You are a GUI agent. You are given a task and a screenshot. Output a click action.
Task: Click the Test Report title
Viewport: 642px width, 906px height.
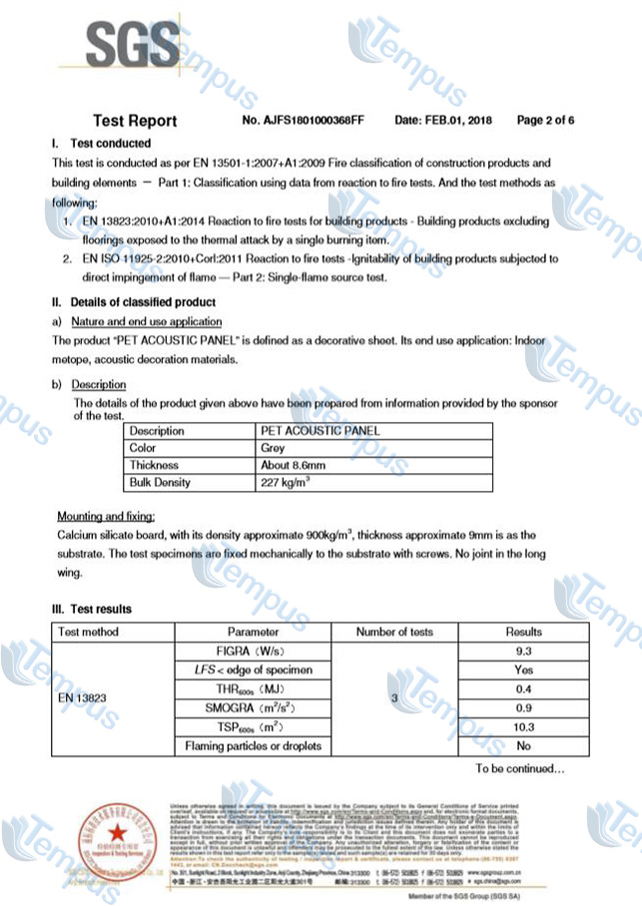pyautogui.click(x=135, y=121)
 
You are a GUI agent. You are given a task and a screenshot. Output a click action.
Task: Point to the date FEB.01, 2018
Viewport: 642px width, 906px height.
pyautogui.click(x=442, y=121)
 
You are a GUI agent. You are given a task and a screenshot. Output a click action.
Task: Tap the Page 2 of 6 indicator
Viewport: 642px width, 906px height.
pyautogui.click(x=545, y=121)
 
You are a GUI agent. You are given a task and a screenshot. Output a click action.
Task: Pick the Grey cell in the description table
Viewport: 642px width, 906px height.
pyautogui.click(x=273, y=448)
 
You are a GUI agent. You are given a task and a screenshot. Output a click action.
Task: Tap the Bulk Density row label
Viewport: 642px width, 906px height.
pyautogui.click(x=160, y=483)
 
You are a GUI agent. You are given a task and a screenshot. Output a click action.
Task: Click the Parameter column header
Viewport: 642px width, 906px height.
pyautogui.click(x=253, y=632)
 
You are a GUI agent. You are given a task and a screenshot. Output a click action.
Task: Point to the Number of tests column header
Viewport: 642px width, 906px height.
pyautogui.click(x=394, y=632)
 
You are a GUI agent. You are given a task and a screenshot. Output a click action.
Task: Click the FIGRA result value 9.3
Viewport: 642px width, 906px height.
pyautogui.click(x=523, y=651)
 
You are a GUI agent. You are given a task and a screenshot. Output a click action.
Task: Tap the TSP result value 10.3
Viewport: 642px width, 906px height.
pyautogui.click(x=523, y=726)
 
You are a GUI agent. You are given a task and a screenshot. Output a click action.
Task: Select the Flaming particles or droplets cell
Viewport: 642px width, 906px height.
pyautogui.click(x=253, y=746)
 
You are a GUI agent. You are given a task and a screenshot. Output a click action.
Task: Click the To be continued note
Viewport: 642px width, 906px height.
pyautogui.click(x=519, y=769)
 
